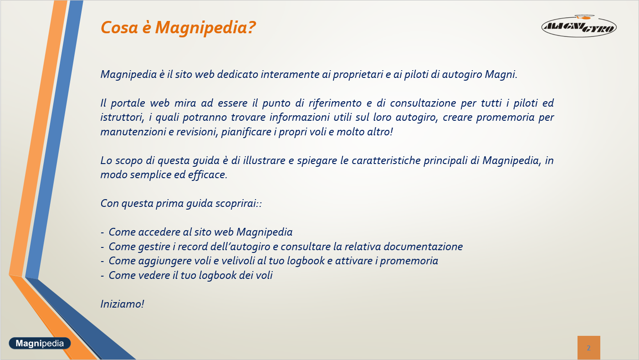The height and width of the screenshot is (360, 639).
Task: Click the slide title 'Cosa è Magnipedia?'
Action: pos(178,28)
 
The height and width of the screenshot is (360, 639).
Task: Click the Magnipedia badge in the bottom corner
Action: pos(40,343)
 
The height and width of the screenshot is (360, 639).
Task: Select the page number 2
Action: pos(588,348)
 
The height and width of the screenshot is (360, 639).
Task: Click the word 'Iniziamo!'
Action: pos(122,304)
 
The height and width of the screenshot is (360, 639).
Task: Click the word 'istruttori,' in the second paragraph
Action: pos(122,117)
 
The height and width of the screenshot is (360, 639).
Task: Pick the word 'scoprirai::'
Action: pos(239,204)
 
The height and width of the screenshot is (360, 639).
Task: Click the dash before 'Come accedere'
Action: pos(102,233)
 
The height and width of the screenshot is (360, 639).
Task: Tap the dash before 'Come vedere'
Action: pos(102,276)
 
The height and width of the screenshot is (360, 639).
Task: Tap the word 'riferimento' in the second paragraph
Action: pos(335,103)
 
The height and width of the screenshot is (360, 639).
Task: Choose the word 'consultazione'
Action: pos(423,103)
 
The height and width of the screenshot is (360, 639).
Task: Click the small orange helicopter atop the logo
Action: pos(584,17)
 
